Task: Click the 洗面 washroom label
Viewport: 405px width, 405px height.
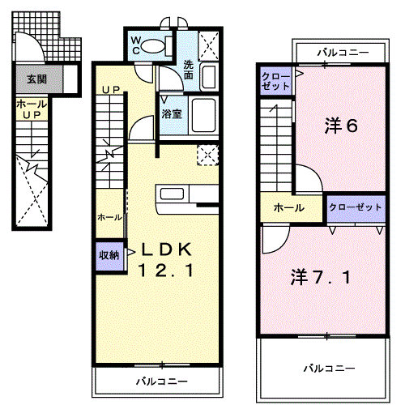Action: (x=188, y=70)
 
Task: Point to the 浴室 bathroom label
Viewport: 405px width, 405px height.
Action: (x=171, y=113)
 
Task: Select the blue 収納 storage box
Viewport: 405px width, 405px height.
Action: (x=109, y=255)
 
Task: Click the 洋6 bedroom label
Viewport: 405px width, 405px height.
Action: (x=341, y=126)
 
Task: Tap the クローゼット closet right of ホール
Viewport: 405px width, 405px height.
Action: (x=355, y=207)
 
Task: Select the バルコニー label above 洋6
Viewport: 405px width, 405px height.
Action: (x=343, y=53)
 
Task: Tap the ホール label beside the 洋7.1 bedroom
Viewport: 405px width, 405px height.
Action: (x=288, y=208)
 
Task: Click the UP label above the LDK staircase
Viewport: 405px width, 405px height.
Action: (x=112, y=89)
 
